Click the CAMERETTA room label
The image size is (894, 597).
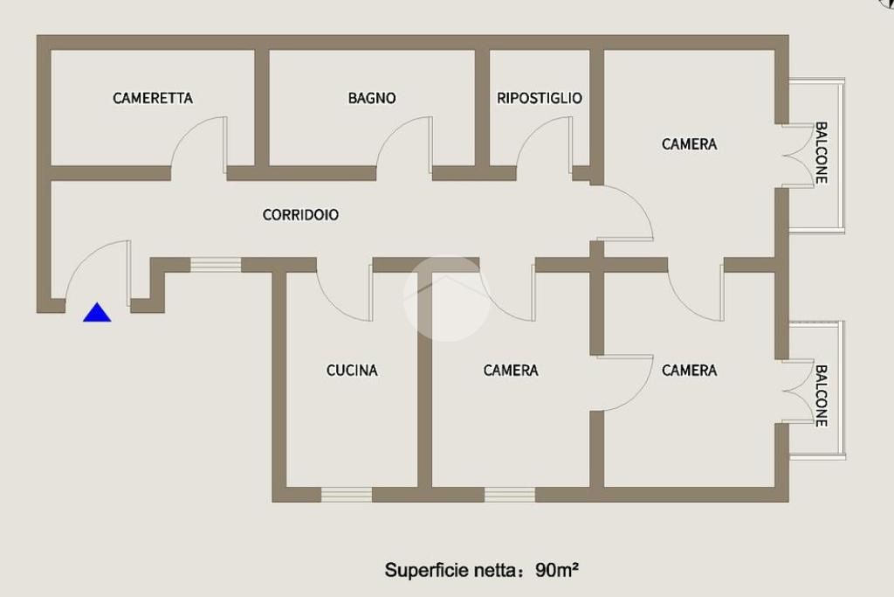(153, 99)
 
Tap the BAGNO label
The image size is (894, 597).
(372, 99)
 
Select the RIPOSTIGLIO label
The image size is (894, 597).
(539, 99)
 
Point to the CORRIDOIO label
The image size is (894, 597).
(300, 215)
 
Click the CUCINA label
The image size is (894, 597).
(352, 371)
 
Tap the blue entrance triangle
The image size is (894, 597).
(97, 313)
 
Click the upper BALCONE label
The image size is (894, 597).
(821, 152)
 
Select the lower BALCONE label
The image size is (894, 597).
(821, 395)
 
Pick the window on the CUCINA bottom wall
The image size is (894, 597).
(347, 495)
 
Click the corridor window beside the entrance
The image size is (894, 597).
(216, 264)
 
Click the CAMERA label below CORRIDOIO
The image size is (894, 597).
(511, 371)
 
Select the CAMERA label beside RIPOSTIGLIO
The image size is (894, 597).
(689, 144)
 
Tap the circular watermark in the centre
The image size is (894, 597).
(446, 298)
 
